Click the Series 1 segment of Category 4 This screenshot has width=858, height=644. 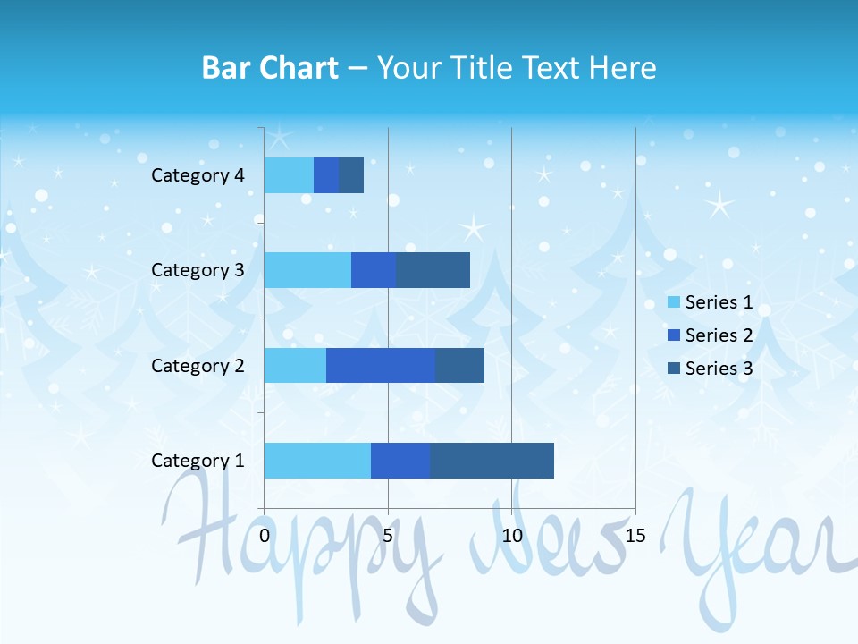289,175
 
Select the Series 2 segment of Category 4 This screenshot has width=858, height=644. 326,175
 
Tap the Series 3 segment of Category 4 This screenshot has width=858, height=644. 351,175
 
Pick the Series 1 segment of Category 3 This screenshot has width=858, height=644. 307,270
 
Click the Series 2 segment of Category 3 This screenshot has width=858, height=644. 374,270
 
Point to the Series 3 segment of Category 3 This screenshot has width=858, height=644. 433,270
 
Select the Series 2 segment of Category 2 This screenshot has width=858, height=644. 381,365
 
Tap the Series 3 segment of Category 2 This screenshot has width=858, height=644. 459,365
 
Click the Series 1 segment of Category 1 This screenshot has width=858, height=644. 317,461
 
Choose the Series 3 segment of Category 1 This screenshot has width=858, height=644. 492,461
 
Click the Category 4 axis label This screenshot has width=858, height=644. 198,175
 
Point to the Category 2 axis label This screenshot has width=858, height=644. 198,366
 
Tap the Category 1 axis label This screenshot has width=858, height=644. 198,461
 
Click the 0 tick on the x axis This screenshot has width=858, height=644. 265,536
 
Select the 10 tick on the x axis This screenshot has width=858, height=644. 511,536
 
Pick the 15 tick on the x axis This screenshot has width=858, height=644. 635,536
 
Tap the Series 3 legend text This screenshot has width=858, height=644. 719,369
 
